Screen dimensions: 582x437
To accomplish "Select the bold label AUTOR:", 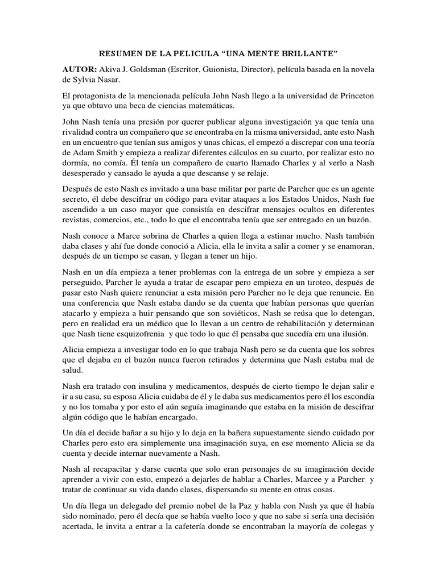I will coord(80,69).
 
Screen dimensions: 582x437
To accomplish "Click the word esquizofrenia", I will coord(127,334).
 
